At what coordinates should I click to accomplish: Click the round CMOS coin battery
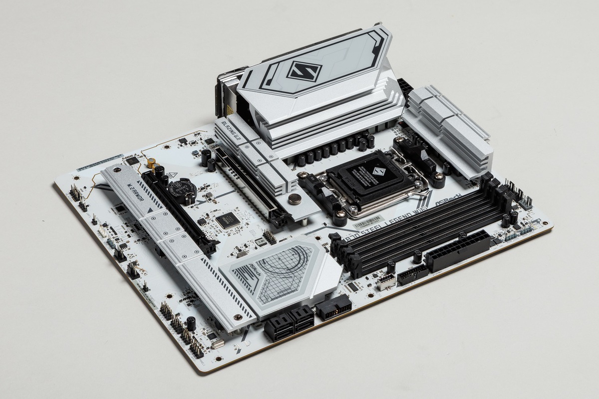pyautogui.click(x=179, y=189)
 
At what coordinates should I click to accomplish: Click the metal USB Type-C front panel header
pyautogui.click(x=386, y=282)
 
